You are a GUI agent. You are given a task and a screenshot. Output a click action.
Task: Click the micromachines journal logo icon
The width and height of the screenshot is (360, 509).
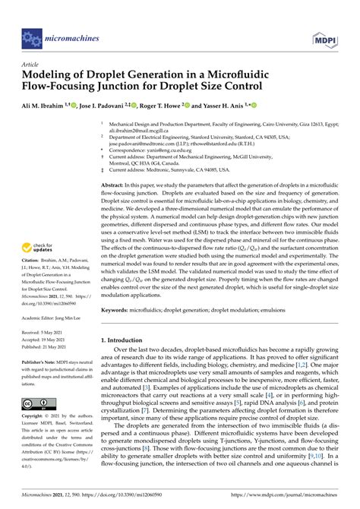[x=32, y=35]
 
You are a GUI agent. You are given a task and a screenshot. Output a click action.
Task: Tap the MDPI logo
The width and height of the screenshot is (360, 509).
[x=324, y=35]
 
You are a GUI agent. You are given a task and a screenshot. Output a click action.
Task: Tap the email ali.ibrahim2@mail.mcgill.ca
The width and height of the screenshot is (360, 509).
[x=141, y=130]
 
